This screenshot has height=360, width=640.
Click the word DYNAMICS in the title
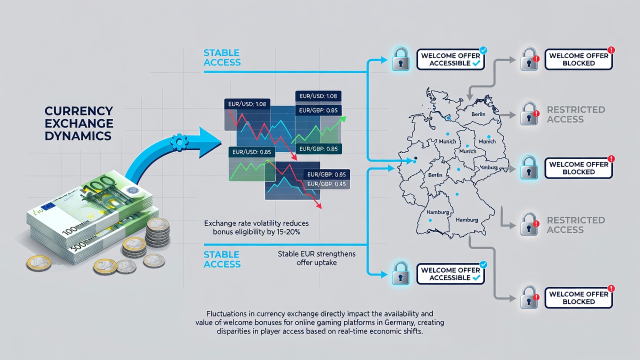coord(78,135)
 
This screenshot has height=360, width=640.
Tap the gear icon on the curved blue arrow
coord(179,142)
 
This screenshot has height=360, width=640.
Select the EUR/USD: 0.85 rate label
coord(251,152)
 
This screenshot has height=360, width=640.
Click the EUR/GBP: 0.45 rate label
coord(326,184)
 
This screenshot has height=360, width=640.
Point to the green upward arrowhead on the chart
coord(342,119)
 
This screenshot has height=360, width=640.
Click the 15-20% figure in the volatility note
coord(288,232)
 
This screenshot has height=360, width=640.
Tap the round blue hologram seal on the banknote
coord(132,190)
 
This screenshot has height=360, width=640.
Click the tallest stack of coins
coord(157,231)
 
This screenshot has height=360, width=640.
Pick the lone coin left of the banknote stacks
coord(39,263)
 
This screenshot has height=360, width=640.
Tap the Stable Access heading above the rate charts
coord(222,57)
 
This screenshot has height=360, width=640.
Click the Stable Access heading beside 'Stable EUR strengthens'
coord(222,259)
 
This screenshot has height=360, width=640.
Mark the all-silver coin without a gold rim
coord(126,266)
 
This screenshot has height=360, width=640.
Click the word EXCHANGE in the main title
coord(79,123)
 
